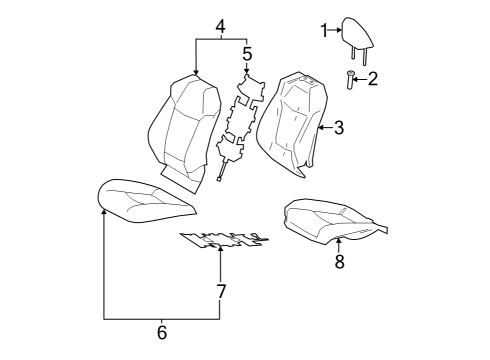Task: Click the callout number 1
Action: (x=324, y=31)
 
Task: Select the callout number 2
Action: (x=373, y=79)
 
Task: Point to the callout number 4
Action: (x=220, y=25)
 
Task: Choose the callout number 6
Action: (x=162, y=333)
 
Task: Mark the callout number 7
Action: (x=220, y=292)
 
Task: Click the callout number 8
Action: (x=339, y=262)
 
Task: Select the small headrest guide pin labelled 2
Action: (x=351, y=80)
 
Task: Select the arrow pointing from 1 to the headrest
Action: (x=337, y=31)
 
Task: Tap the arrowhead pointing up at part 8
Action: (x=339, y=241)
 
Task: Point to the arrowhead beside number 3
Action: (x=320, y=127)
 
